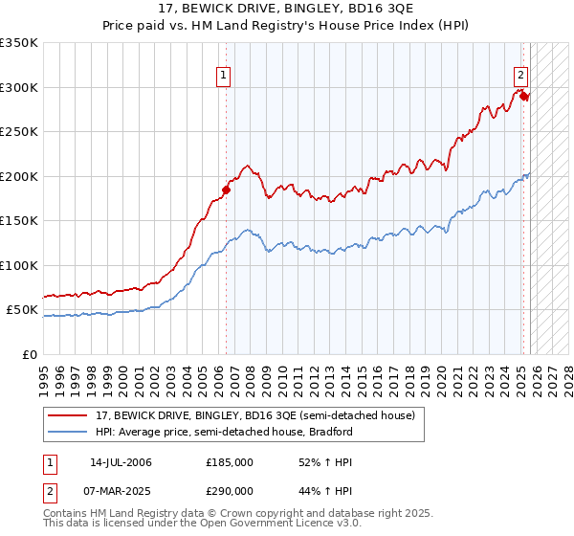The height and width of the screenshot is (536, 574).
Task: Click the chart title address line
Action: (x=287, y=8)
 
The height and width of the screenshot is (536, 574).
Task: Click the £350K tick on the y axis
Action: (x=19, y=43)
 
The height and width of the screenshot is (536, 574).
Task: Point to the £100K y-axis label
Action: (x=19, y=265)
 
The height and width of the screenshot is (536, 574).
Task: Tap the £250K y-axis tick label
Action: (x=19, y=132)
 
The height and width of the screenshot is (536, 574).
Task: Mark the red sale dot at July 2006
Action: (x=227, y=190)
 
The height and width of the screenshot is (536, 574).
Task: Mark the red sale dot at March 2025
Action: (x=524, y=96)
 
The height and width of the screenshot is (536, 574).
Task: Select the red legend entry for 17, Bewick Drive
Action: (x=253, y=415)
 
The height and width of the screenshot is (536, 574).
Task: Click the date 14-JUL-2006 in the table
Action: (x=121, y=462)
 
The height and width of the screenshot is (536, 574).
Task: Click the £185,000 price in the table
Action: (x=230, y=462)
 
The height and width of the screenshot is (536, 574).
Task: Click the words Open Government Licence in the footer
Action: (x=270, y=525)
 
